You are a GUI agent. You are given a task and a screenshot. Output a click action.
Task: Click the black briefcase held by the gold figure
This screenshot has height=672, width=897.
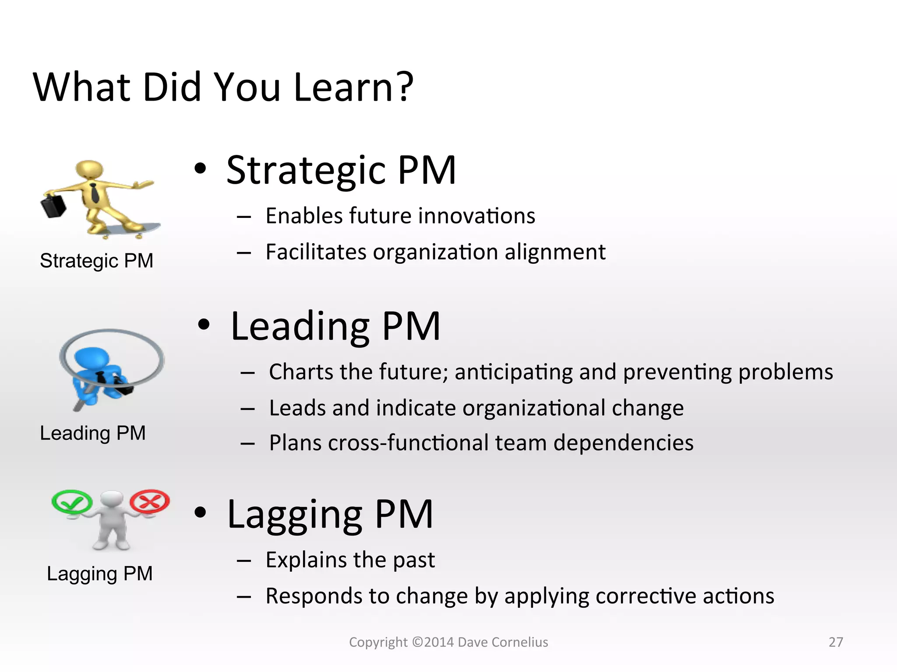pos(53,206)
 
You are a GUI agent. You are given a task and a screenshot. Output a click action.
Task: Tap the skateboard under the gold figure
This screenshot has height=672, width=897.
pos(131,230)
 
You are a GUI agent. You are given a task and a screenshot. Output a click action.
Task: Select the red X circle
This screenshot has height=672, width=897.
pos(150,500)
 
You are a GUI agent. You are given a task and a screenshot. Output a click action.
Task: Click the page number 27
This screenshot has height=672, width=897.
pos(836,642)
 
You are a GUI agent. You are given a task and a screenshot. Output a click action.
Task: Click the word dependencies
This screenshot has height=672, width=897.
pos(623,442)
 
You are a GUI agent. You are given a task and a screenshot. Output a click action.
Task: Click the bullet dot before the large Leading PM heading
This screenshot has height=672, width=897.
pos(204,325)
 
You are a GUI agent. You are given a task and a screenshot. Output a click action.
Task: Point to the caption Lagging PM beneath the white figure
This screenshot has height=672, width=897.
pos(100,574)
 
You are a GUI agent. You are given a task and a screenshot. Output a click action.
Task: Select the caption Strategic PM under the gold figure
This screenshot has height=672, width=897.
pos(96,261)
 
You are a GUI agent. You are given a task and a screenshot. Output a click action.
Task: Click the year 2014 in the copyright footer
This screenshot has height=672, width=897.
pos(438,642)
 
